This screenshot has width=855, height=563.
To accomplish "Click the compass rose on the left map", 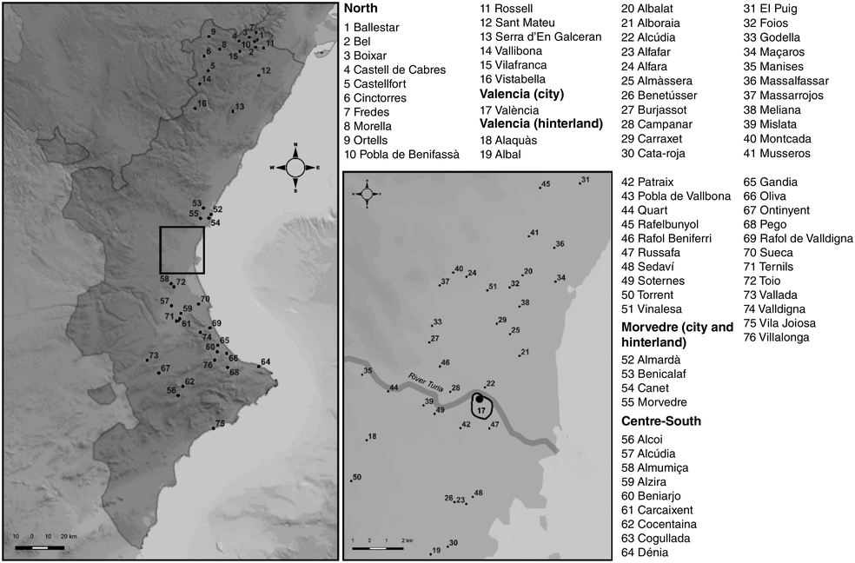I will point(295,167).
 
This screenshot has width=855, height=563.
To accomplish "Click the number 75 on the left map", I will point(220,423).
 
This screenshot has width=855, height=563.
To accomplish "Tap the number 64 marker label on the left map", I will point(265,361).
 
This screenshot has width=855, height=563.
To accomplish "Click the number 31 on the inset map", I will point(585,180).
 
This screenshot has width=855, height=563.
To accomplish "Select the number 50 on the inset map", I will point(356,476).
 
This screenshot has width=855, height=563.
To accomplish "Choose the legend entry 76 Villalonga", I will point(775,337).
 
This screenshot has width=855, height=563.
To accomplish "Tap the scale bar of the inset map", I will point(378,548).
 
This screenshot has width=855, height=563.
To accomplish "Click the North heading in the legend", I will point(361,10).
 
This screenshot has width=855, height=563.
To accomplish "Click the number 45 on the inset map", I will point(546,184).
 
